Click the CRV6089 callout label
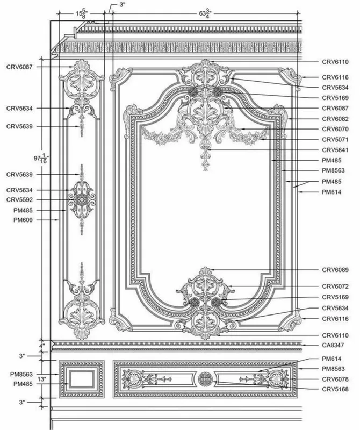[335, 270]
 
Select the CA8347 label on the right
[333, 345]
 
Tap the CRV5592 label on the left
[19, 199]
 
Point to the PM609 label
[23, 220]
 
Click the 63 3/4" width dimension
[205, 13]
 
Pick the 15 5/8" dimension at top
[82, 14]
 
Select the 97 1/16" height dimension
[41, 159]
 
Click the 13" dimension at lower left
[42, 379]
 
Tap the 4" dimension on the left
[42, 346]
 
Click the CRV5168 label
[335, 389]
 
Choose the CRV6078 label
[335, 379]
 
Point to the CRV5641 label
[335, 150]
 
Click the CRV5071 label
[335, 140]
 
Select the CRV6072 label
[335, 286]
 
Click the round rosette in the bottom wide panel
[205, 379]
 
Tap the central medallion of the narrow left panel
[82, 199]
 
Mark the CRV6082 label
[335, 119]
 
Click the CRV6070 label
[335, 129]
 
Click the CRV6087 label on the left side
[19, 67]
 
